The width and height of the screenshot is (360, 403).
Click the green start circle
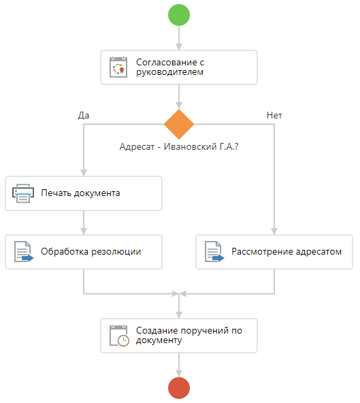[x=179, y=15]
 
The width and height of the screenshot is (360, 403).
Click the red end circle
[x=179, y=388]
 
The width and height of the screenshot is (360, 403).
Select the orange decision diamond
[x=179, y=125]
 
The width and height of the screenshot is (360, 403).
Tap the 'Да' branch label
[x=84, y=116]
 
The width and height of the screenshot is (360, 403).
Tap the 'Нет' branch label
[x=274, y=116]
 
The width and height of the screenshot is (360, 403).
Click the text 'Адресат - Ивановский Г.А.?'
[x=179, y=146]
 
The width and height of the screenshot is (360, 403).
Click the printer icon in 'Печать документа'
[x=23, y=193]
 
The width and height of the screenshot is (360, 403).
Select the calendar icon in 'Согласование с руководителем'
[x=118, y=67]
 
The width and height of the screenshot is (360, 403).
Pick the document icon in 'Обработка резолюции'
[x=24, y=252]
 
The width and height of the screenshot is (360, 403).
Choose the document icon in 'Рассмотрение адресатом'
[x=214, y=252]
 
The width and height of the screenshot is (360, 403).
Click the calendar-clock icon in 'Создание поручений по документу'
[x=119, y=336]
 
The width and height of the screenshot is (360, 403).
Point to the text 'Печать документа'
[x=80, y=193]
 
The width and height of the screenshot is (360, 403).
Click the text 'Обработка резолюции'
[x=91, y=251]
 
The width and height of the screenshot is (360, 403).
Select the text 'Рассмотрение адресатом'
[x=287, y=251]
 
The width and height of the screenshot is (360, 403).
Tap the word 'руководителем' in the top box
[x=169, y=72]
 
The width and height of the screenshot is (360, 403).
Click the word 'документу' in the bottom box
[x=159, y=340]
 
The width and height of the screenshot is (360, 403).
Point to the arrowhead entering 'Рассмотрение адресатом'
[x=274, y=231]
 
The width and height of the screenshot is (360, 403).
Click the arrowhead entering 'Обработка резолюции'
[x=84, y=231]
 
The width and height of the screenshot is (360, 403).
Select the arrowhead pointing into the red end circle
[x=179, y=374]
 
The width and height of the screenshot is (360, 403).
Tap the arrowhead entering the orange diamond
[x=179, y=106]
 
